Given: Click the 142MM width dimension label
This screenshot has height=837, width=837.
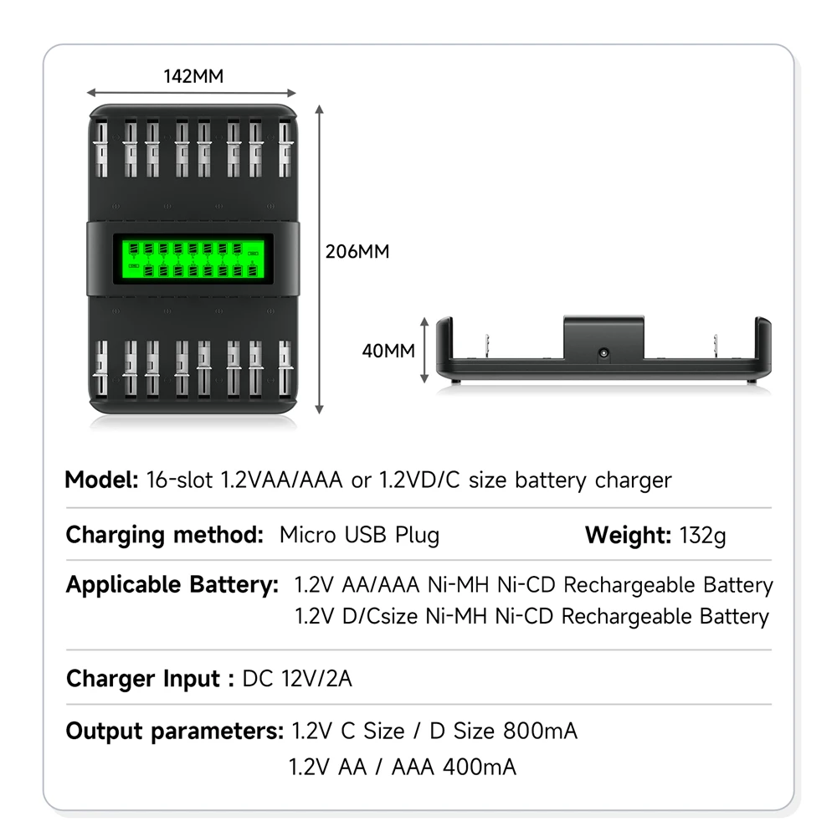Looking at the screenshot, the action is (193, 76).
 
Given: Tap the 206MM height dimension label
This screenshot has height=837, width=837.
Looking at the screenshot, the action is (358, 251).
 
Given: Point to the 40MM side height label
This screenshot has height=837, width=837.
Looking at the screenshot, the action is (388, 351).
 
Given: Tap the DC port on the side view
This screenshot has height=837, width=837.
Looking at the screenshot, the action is (603, 355).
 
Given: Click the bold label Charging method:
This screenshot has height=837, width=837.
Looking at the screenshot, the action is (164, 535).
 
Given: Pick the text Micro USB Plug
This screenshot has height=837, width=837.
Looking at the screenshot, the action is (359, 535).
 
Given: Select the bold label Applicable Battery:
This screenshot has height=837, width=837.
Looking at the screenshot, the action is (172, 585).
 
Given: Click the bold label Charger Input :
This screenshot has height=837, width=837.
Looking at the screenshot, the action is (149, 678).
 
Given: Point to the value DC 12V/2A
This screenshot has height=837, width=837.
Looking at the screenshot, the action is (297, 678).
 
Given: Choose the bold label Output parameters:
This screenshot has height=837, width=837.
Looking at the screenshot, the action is (175, 731).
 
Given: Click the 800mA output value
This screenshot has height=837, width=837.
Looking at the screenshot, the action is (540, 731).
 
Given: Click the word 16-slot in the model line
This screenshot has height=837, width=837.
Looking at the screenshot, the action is (180, 480).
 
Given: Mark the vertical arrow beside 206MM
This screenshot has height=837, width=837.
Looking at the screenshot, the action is (319, 259).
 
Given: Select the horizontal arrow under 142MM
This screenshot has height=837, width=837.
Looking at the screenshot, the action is (192, 93).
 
